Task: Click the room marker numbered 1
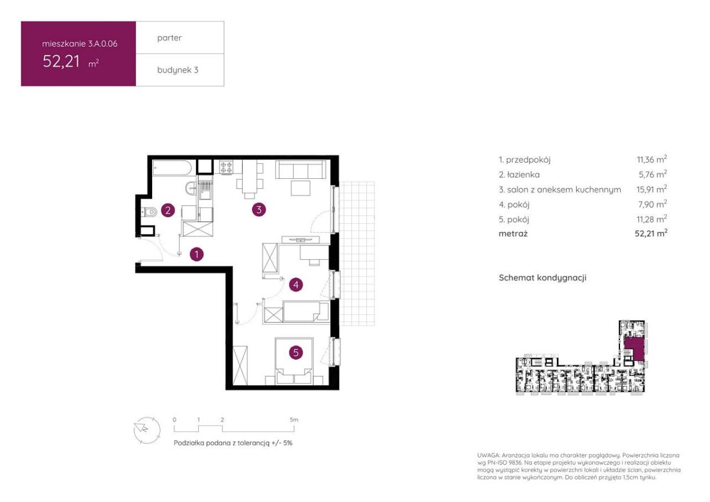click(x=196, y=254)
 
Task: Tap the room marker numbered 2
click(x=168, y=210)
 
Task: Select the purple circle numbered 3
click(x=259, y=210)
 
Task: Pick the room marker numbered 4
click(x=296, y=285)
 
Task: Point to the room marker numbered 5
click(x=296, y=353)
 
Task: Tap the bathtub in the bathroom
click(x=172, y=168)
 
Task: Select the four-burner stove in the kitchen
click(x=226, y=167)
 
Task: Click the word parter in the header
click(x=169, y=38)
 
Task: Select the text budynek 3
click(x=178, y=70)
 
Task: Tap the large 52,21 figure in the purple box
click(x=61, y=61)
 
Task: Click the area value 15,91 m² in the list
click(x=651, y=189)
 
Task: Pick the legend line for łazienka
click(x=583, y=175)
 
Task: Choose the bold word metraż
click(x=513, y=234)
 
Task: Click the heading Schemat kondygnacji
click(x=543, y=278)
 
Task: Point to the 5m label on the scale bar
click(x=294, y=420)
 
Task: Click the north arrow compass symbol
click(x=147, y=430)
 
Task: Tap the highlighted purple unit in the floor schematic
click(x=634, y=349)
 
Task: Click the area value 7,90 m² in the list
click(x=653, y=204)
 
